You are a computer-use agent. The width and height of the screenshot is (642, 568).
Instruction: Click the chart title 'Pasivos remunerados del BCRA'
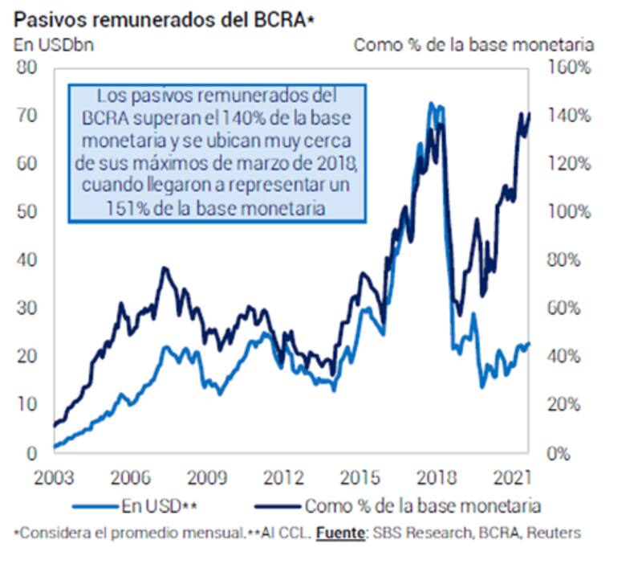[x=160, y=18]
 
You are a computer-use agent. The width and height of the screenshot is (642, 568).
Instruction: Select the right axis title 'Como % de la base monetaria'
[x=473, y=44]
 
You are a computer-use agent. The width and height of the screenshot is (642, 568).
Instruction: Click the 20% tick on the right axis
[x=569, y=404]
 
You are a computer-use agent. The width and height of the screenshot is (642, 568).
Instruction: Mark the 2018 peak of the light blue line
[x=431, y=104]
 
